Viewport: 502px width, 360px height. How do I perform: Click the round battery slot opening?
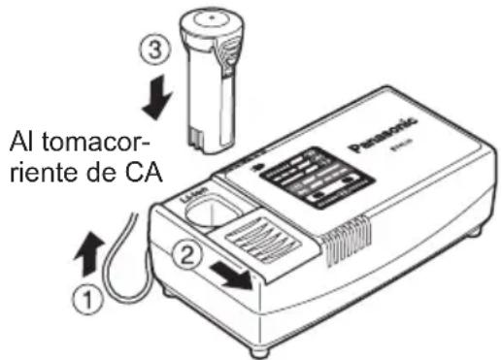219,213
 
